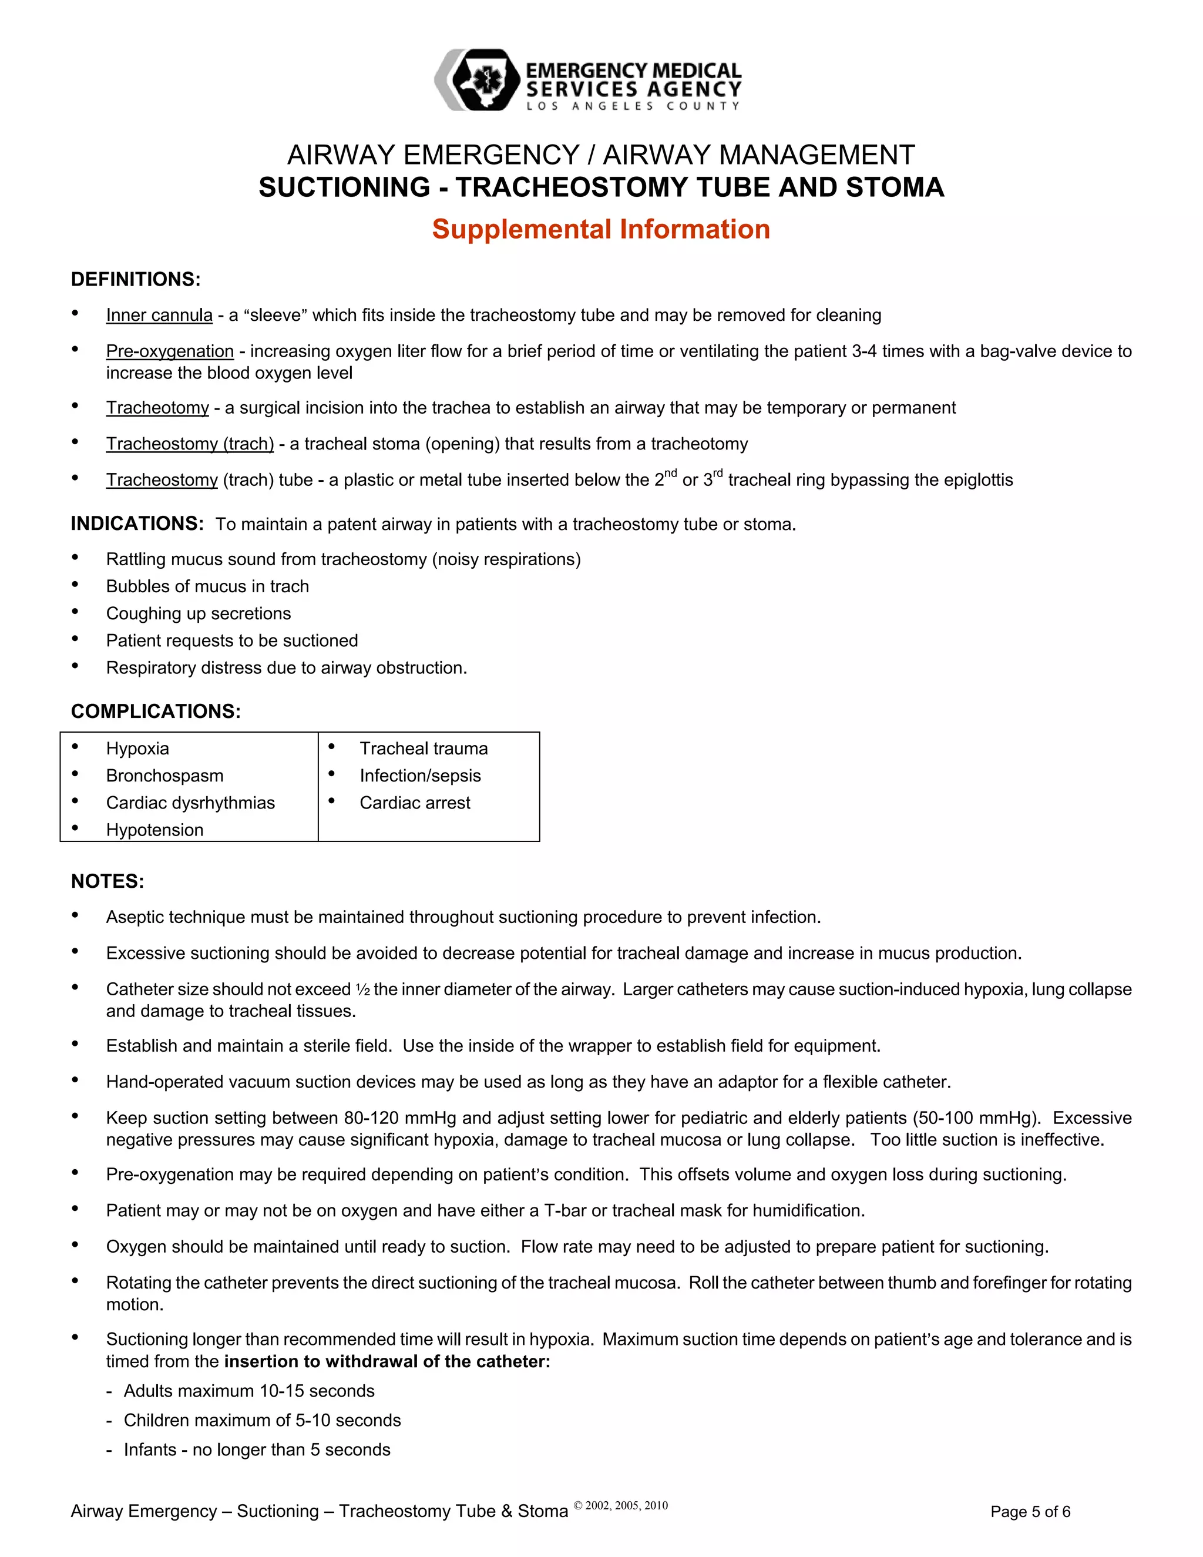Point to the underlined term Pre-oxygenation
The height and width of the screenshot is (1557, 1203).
coord(170,351)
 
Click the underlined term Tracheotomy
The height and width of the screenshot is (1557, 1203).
coord(157,408)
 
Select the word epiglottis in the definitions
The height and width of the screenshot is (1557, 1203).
coord(978,480)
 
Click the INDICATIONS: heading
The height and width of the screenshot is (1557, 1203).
coord(137,524)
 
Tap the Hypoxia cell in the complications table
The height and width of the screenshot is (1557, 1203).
coord(137,749)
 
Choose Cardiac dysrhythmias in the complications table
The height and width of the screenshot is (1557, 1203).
coord(190,803)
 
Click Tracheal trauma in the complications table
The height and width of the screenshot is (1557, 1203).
coord(424,749)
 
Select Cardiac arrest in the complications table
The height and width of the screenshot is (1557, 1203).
coord(415,803)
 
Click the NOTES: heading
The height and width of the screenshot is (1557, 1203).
coord(107,881)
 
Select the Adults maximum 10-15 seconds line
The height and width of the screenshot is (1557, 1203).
coord(248,1391)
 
